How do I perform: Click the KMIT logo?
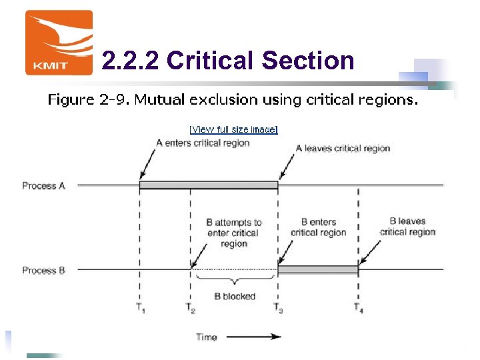59,43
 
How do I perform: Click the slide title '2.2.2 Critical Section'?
228,61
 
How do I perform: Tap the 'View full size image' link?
233,129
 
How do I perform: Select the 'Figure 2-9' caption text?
233,101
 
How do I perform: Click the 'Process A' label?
43,185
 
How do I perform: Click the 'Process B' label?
43,270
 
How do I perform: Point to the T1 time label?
140,309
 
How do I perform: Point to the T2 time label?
191,309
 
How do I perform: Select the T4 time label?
359,309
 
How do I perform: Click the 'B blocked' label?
235,296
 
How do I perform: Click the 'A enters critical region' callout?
203,143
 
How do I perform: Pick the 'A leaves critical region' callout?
343,148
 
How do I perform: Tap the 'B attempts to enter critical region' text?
234,233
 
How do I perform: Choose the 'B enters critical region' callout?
319,227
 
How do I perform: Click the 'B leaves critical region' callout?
407,227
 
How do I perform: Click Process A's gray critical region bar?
209,185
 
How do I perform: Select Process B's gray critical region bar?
318,269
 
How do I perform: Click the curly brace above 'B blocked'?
234,281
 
